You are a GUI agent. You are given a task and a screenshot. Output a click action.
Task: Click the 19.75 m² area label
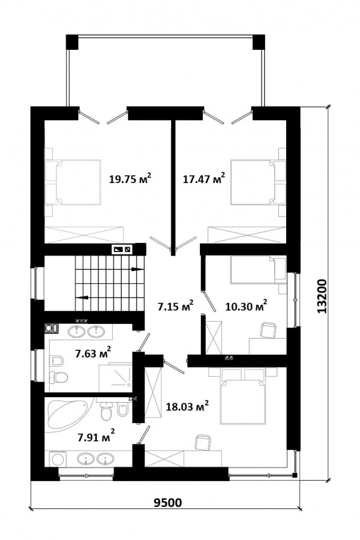coord(130,178)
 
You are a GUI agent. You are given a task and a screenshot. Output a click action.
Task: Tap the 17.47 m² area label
coord(204,178)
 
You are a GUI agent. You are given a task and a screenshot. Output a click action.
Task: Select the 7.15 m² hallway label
coord(175,306)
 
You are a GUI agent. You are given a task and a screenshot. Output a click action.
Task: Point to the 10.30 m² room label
coord(247,306)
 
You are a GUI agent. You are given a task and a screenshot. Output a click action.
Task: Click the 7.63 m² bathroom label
coord(93,353)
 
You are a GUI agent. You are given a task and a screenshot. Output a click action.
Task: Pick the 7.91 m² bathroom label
coord(96,437)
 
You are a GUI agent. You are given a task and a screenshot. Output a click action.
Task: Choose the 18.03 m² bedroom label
coord(187,406)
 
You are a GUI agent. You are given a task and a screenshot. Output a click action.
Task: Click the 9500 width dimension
coord(167,503)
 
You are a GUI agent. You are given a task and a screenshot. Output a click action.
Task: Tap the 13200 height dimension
coord(322,296)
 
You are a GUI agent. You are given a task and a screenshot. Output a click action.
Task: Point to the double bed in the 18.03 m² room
coord(243,400)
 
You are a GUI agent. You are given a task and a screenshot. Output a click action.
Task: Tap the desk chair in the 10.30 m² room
coord(268,329)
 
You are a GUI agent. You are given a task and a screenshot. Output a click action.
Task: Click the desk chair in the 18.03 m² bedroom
coord(203,442)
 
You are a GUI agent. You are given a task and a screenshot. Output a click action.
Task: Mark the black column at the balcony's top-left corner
coord(72,42)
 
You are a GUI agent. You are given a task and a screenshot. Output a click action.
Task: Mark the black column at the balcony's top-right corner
coord(259,42)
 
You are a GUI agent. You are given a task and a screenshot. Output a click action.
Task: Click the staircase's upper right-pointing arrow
coord(137,269)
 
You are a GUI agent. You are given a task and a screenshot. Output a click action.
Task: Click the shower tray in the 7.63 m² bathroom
coord(115,377)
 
